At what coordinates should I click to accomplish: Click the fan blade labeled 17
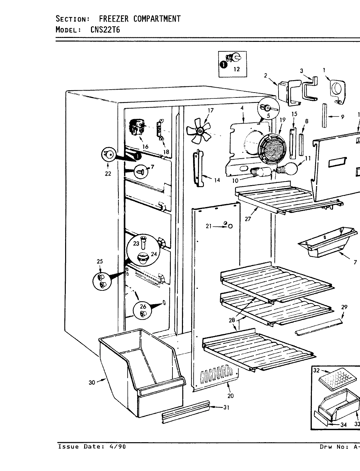pyautogui.click(x=198, y=131)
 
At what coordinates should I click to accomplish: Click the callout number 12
pyautogui.click(x=236, y=69)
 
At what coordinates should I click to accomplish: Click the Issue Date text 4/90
pyautogui.click(x=115, y=447)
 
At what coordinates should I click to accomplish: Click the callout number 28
pyautogui.click(x=232, y=320)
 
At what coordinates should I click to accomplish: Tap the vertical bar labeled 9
pyautogui.click(x=324, y=116)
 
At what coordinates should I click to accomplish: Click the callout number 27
pyautogui.click(x=248, y=219)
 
